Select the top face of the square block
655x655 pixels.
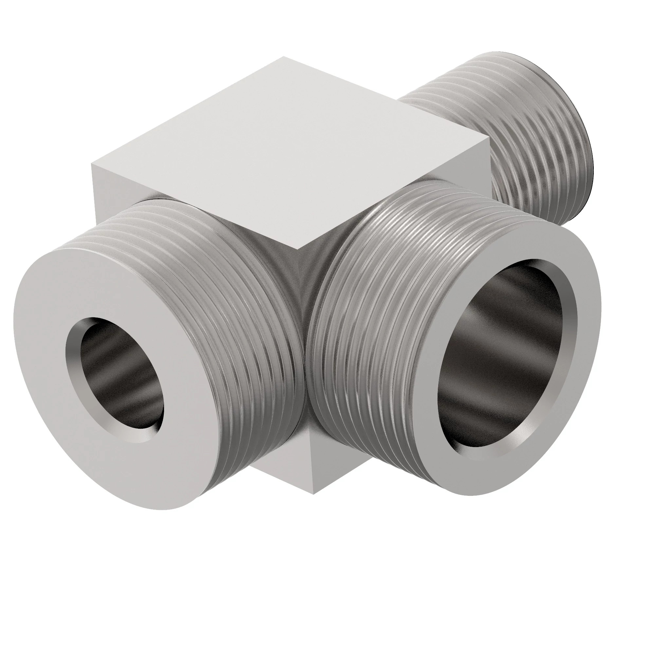click(x=288, y=153)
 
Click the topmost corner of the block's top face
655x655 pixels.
click(x=283, y=57)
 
